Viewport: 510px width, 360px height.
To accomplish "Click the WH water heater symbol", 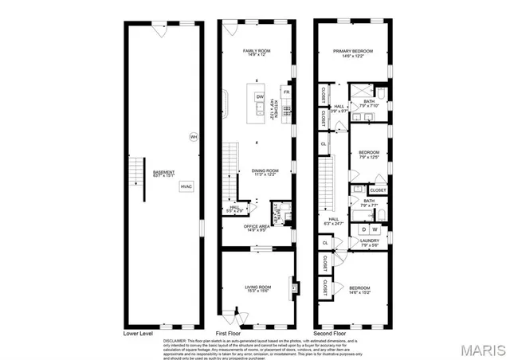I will point(193,136).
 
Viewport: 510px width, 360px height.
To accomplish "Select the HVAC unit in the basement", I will point(186,186).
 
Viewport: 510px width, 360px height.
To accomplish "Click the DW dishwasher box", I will point(260,97).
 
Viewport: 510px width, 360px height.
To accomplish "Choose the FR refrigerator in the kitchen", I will point(286,92).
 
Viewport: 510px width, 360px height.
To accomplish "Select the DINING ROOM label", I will point(265,170).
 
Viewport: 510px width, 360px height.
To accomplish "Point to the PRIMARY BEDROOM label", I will point(353,52).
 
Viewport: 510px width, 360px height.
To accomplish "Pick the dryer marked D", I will point(365,229).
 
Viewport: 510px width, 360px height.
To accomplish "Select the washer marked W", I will point(375,229).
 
